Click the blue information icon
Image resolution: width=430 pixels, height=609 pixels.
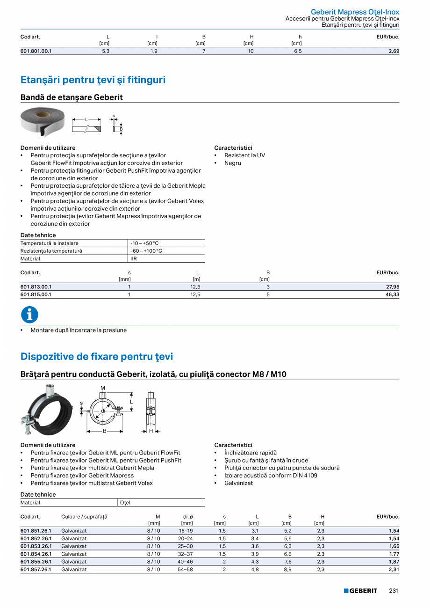29,315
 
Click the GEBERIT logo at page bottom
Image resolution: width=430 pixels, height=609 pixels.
360,591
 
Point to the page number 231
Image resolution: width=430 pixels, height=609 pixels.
394,591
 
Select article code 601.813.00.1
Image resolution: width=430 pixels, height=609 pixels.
36,286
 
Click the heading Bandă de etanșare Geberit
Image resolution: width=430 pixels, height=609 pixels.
72,97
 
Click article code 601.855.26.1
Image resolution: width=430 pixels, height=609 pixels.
36,562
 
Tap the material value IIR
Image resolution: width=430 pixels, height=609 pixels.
134,258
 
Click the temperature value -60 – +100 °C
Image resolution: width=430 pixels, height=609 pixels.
146,251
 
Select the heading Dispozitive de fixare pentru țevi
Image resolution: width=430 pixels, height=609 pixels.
97,357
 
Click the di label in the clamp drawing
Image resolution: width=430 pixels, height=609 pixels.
103,411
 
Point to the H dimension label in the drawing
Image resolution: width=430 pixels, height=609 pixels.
150,431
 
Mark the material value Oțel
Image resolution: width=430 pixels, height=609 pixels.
125,502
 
